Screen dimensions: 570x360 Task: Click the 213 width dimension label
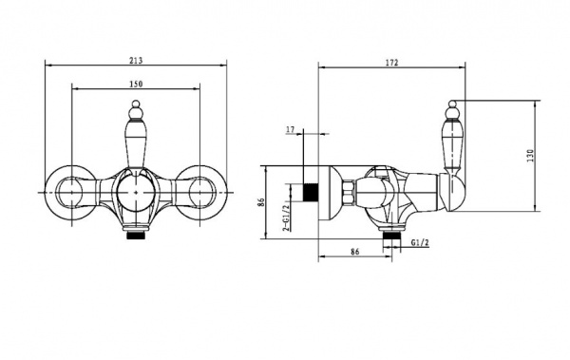click(136, 61)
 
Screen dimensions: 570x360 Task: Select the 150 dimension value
click(136, 84)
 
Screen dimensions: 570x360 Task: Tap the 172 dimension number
click(391, 62)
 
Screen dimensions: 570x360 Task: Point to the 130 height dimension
click(531, 155)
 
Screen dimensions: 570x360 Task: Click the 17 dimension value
click(290, 129)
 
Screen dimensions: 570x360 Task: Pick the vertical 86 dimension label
click(260, 202)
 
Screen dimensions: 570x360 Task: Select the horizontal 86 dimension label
click(354, 252)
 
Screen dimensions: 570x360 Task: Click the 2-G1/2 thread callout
click(287, 218)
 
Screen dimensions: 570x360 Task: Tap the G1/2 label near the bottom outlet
click(420, 242)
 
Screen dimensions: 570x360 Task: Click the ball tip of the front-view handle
click(136, 104)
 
